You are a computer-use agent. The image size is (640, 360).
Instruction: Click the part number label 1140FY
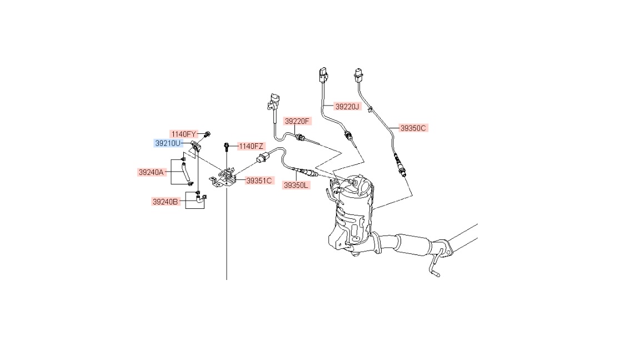pyautogui.click(x=183, y=134)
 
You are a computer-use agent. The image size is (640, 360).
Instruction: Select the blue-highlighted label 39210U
pyautogui.click(x=168, y=143)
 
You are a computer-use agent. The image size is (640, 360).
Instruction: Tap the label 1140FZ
pyautogui.click(x=251, y=146)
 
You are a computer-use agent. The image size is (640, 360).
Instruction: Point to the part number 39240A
pyautogui.click(x=151, y=172)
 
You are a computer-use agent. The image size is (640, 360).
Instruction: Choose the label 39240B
pyautogui.click(x=166, y=202)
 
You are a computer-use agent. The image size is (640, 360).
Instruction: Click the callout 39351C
pyautogui.click(x=259, y=181)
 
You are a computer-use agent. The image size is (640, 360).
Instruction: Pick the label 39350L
pyautogui.click(x=296, y=186)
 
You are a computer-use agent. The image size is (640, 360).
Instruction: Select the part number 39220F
pyautogui.click(x=297, y=121)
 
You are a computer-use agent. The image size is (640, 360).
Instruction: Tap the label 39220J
pyautogui.click(x=347, y=106)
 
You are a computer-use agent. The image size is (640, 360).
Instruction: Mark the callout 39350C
pyautogui.click(x=413, y=128)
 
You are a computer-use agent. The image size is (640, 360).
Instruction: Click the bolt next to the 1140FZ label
pyautogui.click(x=227, y=147)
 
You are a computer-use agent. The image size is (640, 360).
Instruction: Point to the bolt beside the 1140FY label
pyautogui.click(x=207, y=133)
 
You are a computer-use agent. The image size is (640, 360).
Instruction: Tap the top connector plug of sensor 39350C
pyautogui.click(x=358, y=74)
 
